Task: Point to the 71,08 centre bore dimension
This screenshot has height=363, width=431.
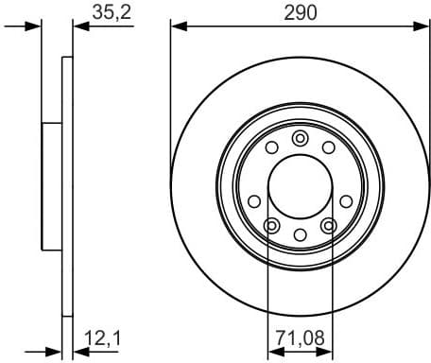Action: click(299, 336)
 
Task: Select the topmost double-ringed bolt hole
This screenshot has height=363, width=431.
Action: click(300, 138)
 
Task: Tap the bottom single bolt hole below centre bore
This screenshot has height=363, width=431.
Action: click(300, 234)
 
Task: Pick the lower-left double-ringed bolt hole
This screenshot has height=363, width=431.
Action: click(271, 225)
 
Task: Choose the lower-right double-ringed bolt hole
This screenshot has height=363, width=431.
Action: click(329, 225)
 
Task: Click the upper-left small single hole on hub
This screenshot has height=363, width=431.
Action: click(272, 147)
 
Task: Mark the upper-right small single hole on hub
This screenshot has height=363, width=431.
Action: click(328, 147)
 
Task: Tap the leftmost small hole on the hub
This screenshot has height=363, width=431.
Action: click(253, 200)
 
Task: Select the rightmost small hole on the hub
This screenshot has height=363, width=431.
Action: click(346, 200)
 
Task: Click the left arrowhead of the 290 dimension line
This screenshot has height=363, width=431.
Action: click(176, 26)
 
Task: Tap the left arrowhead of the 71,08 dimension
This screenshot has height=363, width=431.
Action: click(273, 352)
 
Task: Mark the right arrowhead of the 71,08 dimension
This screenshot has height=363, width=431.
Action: click(326, 352)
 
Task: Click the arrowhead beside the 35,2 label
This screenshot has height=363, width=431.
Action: click(78, 26)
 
